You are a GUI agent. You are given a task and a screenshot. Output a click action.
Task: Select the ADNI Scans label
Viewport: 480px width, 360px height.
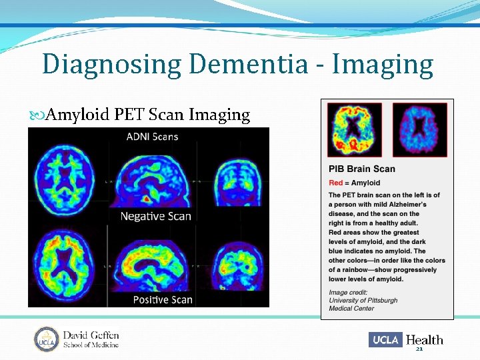coord(152,137)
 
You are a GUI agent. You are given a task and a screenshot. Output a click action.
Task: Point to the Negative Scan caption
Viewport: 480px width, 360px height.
coord(155,215)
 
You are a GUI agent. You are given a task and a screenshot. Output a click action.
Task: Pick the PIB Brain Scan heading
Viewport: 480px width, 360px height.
coord(362,169)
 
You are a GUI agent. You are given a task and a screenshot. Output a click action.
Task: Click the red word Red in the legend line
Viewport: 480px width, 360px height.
coord(335,183)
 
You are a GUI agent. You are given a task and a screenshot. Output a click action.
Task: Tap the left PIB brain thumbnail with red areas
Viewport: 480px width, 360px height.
coord(354,129)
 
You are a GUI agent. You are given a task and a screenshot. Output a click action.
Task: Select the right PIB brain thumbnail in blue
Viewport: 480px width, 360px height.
coord(419,129)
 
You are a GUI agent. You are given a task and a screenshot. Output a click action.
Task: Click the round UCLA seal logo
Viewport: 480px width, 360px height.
coord(47,339)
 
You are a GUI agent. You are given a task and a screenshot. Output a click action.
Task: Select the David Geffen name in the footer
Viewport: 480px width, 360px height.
coord(91,335)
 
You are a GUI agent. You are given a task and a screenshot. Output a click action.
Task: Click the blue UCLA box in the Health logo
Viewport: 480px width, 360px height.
coord(385,340)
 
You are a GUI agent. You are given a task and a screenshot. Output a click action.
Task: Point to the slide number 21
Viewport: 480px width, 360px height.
coord(419,349)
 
